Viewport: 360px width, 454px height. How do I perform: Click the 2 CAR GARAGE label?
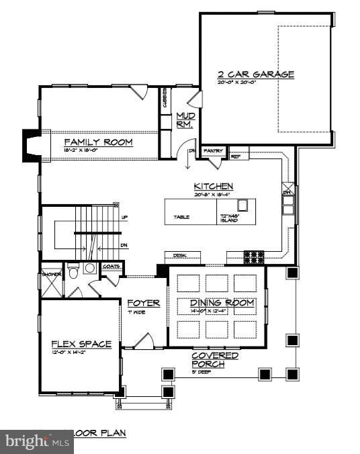pyautogui.click(x=255, y=75)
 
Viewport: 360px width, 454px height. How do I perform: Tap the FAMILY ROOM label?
pyautogui.click(x=98, y=142)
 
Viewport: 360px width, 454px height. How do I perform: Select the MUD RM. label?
pyautogui.click(x=184, y=120)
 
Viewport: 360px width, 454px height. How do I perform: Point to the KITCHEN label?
pyautogui.click(x=214, y=186)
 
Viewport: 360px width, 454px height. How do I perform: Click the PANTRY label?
pyautogui.click(x=214, y=151)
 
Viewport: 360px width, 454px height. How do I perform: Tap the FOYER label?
pyautogui.click(x=144, y=304)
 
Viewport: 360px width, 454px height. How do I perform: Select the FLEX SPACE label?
pyautogui.click(x=81, y=344)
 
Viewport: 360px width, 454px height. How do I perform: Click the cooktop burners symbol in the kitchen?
pyautogui.click(x=254, y=256)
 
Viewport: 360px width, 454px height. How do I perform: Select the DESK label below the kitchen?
pyautogui.click(x=179, y=256)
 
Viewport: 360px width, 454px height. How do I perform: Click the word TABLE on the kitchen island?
pyautogui.click(x=181, y=218)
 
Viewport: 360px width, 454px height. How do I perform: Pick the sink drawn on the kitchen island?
pyautogui.click(x=242, y=206)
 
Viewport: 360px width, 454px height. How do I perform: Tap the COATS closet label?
pyautogui.click(x=111, y=267)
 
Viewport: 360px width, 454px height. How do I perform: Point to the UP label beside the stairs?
pyautogui.click(x=124, y=218)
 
